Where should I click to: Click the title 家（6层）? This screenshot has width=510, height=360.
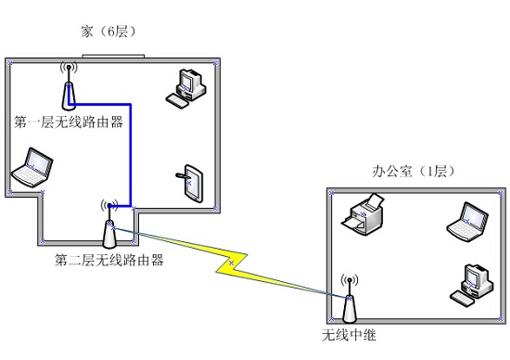108,32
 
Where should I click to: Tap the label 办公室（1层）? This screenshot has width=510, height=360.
414,172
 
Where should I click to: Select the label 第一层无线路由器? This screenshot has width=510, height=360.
69,122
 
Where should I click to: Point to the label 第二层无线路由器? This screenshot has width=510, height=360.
109,260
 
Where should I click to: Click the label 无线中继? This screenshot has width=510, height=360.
349,335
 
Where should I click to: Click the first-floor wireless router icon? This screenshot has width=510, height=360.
69,86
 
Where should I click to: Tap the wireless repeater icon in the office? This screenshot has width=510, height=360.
350,299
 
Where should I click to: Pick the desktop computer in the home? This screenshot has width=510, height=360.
186,88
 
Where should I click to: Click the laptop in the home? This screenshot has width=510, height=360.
32,168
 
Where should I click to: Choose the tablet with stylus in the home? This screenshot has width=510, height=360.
191,184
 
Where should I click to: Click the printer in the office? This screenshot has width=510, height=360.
363,214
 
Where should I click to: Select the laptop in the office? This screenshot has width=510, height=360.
467,222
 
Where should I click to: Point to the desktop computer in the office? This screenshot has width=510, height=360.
471,285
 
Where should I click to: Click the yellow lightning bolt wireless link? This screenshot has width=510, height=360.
231,263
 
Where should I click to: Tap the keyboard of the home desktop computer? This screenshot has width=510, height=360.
177,100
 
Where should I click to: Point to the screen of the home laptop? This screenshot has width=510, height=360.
38,162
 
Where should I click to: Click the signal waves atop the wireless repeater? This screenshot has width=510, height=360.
350,279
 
